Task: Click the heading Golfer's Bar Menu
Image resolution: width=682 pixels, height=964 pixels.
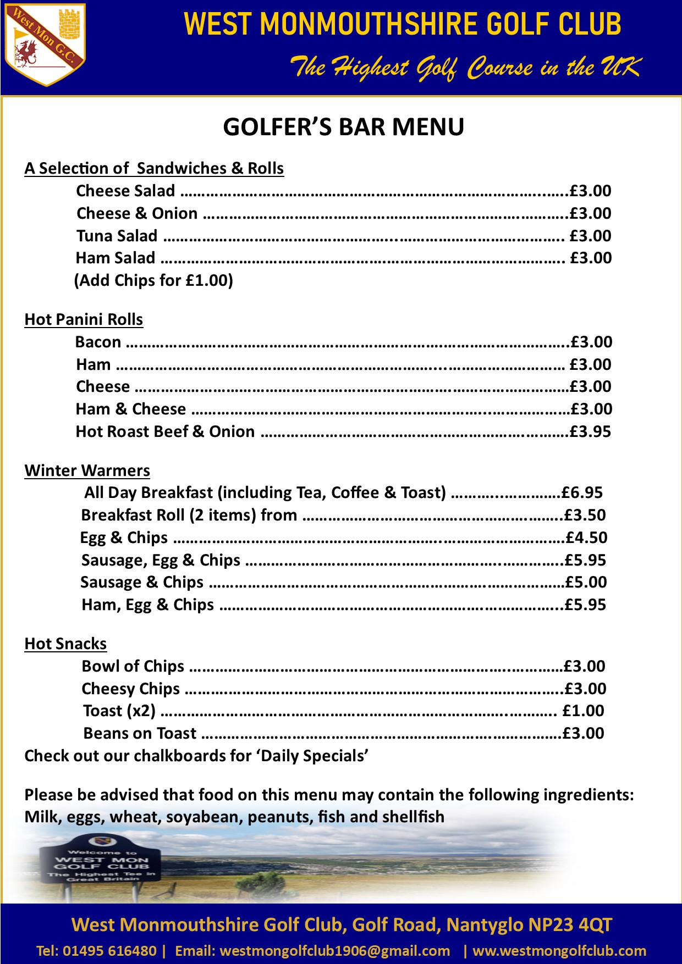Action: tap(343, 127)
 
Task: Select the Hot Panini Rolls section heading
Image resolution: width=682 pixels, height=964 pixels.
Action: tap(84, 319)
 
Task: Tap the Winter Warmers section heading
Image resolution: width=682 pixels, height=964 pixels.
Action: tap(87, 470)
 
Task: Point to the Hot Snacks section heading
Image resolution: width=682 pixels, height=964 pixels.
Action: tap(65, 644)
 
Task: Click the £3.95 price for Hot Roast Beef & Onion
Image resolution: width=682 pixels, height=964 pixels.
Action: tap(590, 431)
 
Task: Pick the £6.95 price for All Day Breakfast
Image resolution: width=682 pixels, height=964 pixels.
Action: tap(582, 492)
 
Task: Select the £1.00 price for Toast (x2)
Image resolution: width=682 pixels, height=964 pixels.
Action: tap(583, 711)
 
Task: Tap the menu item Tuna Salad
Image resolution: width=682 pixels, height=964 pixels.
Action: tap(117, 236)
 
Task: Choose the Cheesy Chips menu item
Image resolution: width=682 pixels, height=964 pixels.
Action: tap(130, 689)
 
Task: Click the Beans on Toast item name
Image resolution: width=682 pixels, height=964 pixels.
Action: tap(140, 733)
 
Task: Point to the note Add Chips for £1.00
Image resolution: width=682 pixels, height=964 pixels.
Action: tap(153, 280)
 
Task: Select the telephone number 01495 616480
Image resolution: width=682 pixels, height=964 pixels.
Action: tap(109, 951)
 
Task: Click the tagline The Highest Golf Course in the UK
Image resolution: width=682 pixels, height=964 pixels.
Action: tap(465, 68)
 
